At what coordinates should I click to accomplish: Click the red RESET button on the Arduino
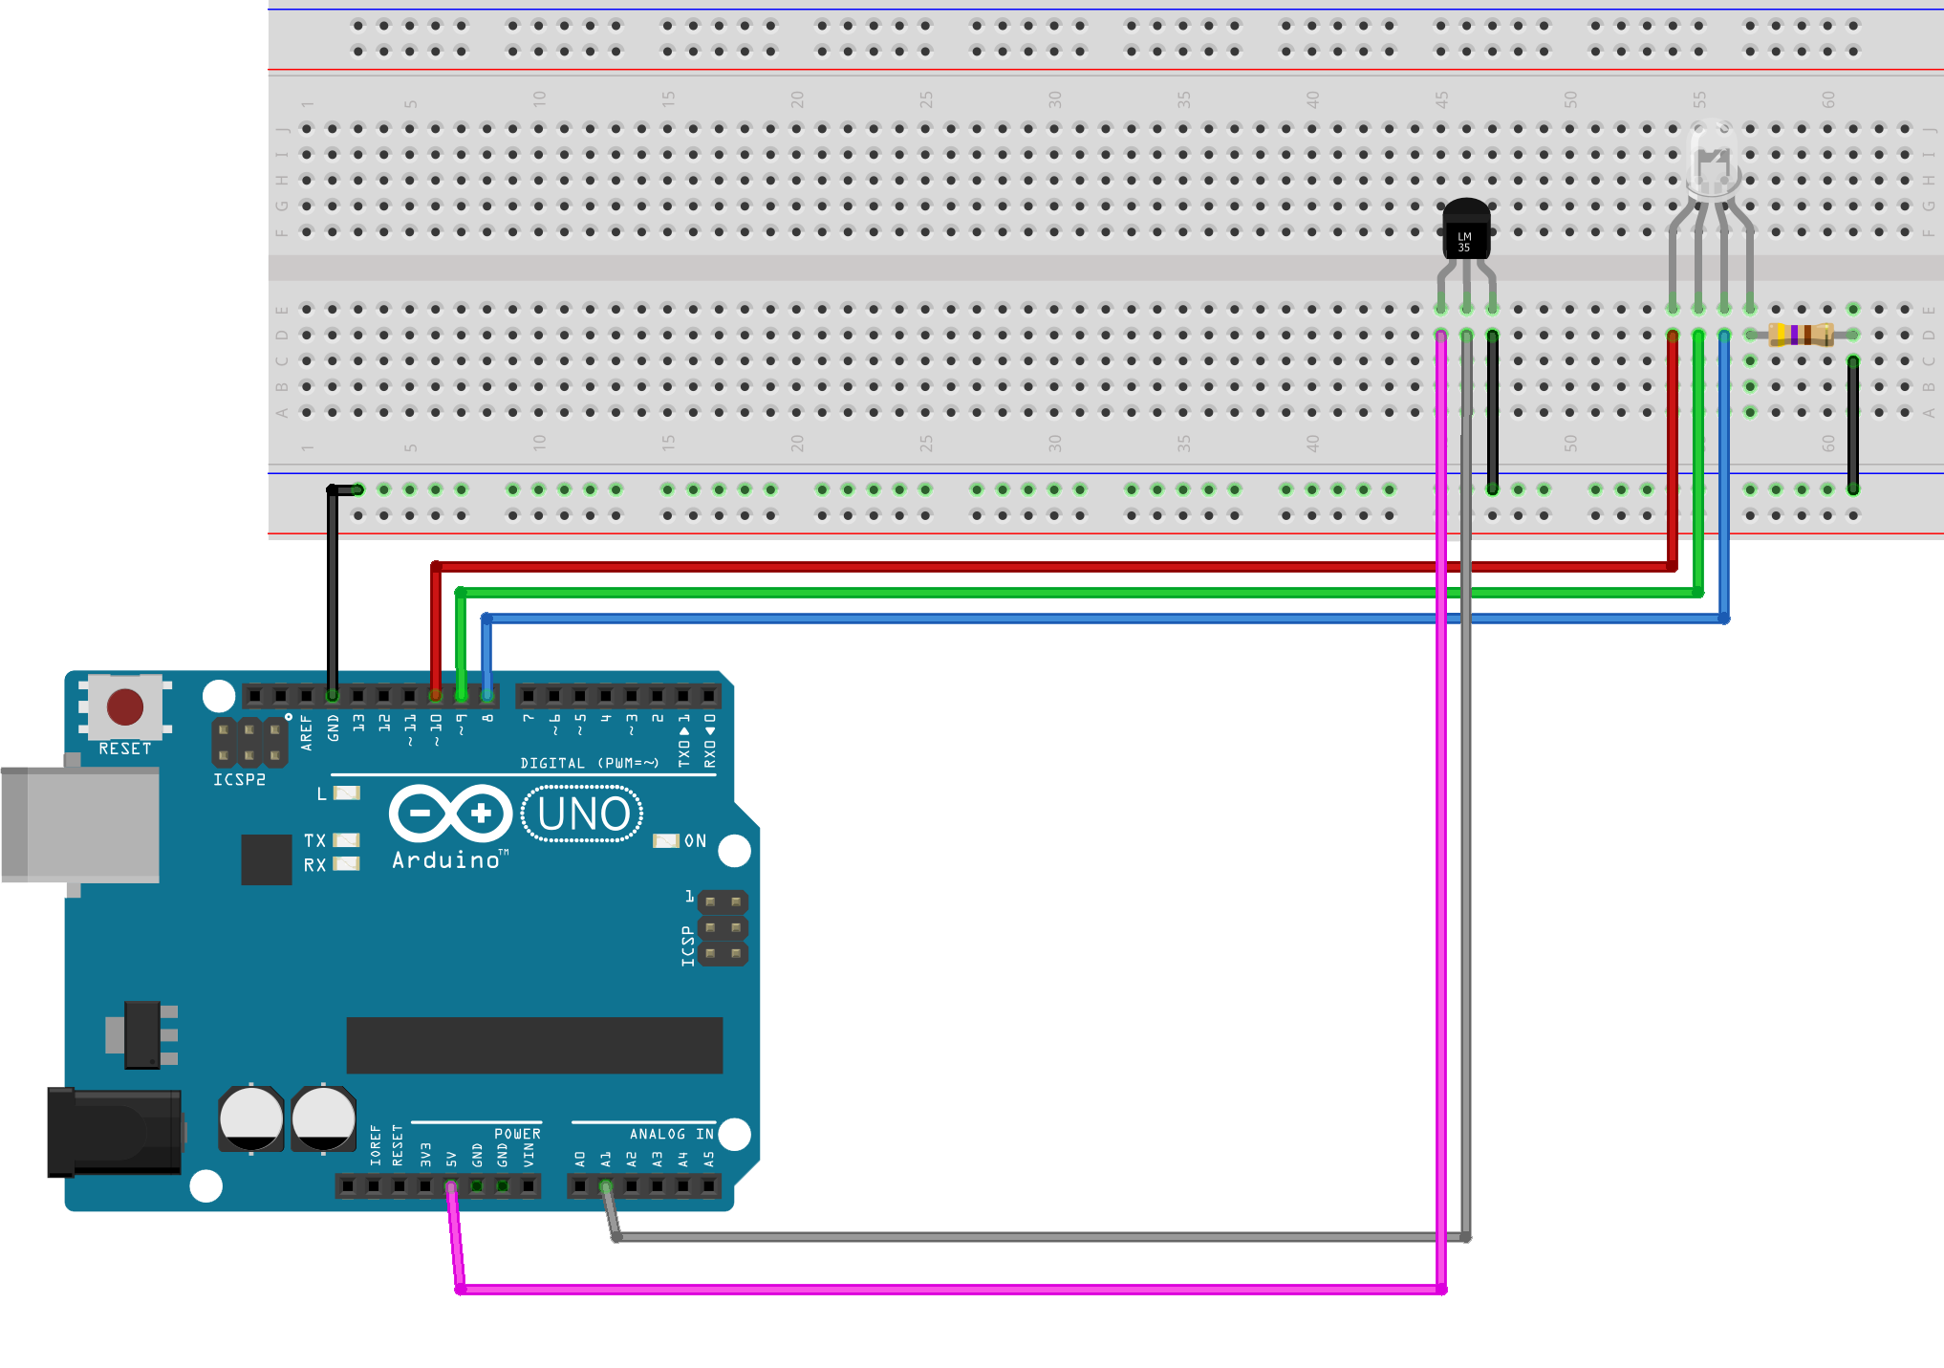point(125,707)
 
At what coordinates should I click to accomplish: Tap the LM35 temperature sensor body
point(1465,232)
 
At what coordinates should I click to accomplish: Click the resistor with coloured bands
point(1801,335)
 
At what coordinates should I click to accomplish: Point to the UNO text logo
point(583,814)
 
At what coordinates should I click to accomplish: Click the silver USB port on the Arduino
point(80,824)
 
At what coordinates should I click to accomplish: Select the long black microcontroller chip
point(534,1045)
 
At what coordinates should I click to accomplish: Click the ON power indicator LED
point(665,841)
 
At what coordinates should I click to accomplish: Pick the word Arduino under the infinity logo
point(446,860)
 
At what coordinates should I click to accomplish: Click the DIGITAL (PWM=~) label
point(589,763)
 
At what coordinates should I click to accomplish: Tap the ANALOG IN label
point(671,1134)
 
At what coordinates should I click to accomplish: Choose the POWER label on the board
point(517,1134)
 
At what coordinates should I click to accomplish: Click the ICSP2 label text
point(239,780)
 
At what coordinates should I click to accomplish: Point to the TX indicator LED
point(346,840)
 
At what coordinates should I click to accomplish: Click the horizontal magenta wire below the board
point(956,1290)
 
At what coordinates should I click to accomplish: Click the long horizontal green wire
point(1051,593)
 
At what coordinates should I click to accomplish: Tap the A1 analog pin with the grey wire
point(606,1186)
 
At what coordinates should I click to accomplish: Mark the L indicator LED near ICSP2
point(347,793)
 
